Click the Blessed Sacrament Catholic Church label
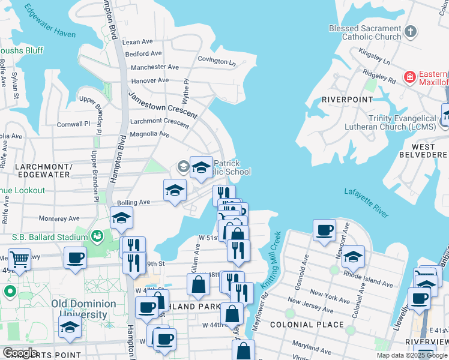(x=365, y=32)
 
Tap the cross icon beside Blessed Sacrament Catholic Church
(x=411, y=31)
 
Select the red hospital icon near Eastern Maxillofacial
(x=410, y=77)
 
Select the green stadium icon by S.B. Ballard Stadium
(x=96, y=237)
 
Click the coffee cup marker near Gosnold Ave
(x=325, y=230)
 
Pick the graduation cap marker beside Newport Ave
(x=354, y=256)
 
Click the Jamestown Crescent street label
(x=163, y=105)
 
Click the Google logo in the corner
(x=20, y=352)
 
